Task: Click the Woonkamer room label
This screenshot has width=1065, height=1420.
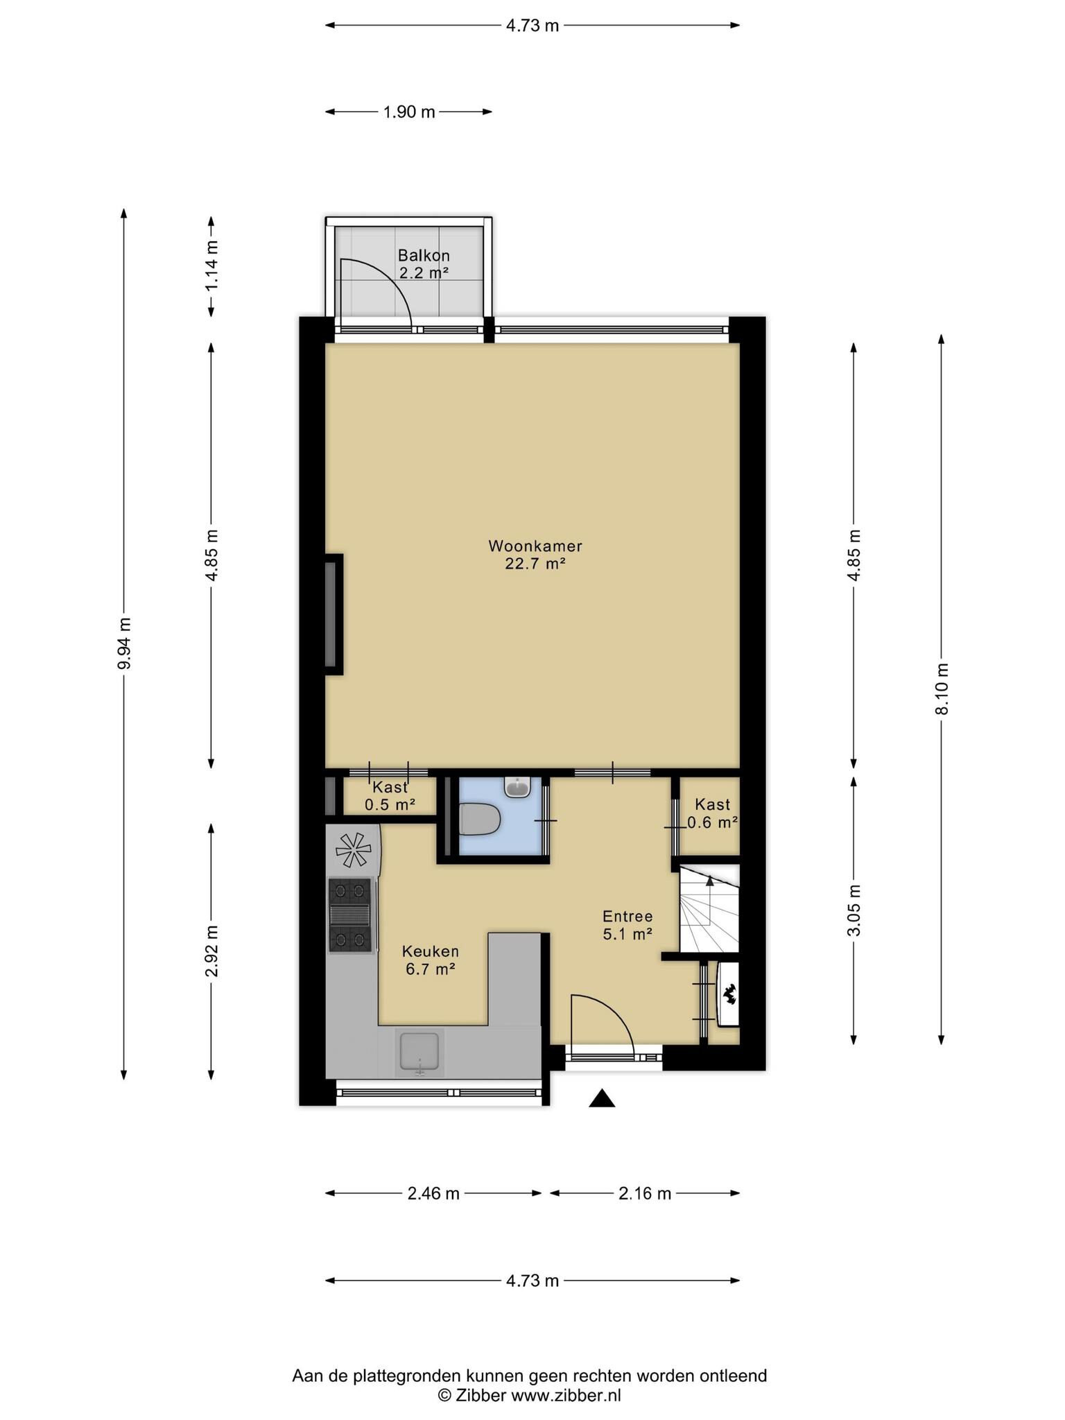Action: click(x=535, y=555)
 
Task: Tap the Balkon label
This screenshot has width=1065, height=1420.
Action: click(x=424, y=264)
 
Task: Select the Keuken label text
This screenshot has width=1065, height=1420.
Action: click(x=431, y=960)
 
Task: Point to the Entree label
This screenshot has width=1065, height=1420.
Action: click(x=627, y=925)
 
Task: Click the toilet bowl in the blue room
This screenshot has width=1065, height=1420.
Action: click(x=480, y=819)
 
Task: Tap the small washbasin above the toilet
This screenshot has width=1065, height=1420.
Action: click(x=517, y=787)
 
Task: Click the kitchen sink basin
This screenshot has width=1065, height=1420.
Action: click(x=419, y=1053)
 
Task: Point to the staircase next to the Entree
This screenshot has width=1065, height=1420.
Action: click(x=709, y=908)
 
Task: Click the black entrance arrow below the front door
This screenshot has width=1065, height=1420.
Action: click(x=602, y=1098)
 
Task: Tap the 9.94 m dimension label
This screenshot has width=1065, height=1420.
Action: click(x=125, y=643)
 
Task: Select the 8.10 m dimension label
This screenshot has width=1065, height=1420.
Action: click(x=941, y=689)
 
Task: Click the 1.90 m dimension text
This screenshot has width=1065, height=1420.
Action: click(x=409, y=112)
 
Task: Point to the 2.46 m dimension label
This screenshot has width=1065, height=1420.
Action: click(x=433, y=1193)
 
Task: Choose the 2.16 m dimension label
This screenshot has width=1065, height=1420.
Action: click(x=645, y=1193)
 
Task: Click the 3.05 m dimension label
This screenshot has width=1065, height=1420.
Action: click(x=854, y=910)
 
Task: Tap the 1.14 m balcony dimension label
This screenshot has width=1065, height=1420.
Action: click(x=211, y=266)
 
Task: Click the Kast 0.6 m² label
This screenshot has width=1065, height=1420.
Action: click(x=712, y=813)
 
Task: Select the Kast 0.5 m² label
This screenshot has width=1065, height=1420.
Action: click(x=390, y=795)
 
